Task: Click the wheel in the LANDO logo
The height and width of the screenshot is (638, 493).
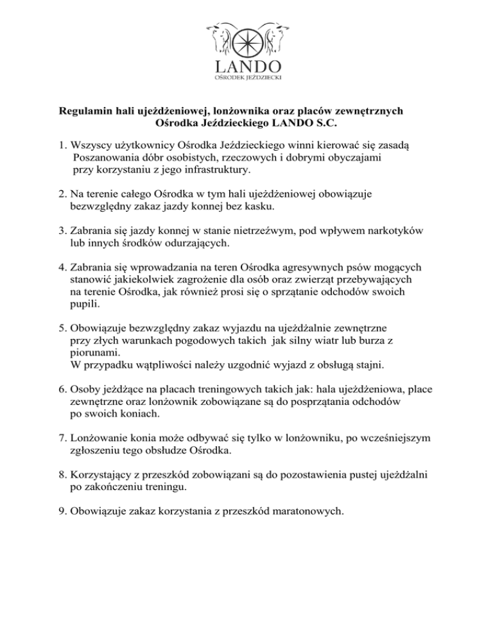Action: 246,40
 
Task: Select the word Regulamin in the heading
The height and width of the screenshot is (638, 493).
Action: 83,111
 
